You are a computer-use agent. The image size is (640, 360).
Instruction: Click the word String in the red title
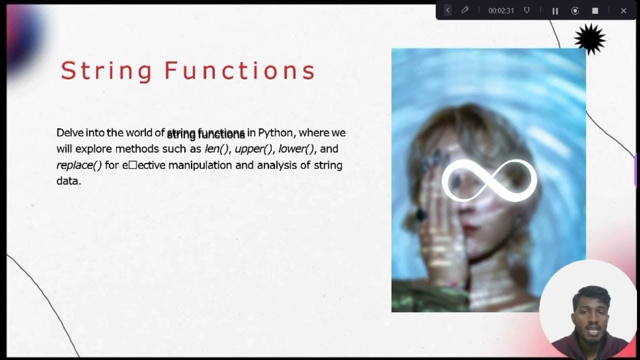point(106,70)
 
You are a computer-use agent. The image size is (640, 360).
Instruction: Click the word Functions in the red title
point(240,70)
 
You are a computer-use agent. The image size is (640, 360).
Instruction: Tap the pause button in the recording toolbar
point(555,10)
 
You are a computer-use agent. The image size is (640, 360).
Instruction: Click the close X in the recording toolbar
point(623,10)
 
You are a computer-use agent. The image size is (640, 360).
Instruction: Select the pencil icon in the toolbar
point(465,10)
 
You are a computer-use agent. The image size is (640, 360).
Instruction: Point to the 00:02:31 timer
point(501,10)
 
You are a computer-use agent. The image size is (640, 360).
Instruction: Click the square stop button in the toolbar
point(595,10)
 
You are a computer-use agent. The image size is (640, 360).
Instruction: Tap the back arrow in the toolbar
point(447,10)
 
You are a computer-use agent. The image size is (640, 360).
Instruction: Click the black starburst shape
point(589,38)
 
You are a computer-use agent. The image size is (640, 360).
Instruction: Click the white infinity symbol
point(489,180)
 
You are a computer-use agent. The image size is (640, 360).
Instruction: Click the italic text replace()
point(79,165)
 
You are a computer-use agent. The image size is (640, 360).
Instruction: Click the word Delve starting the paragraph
point(69,133)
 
